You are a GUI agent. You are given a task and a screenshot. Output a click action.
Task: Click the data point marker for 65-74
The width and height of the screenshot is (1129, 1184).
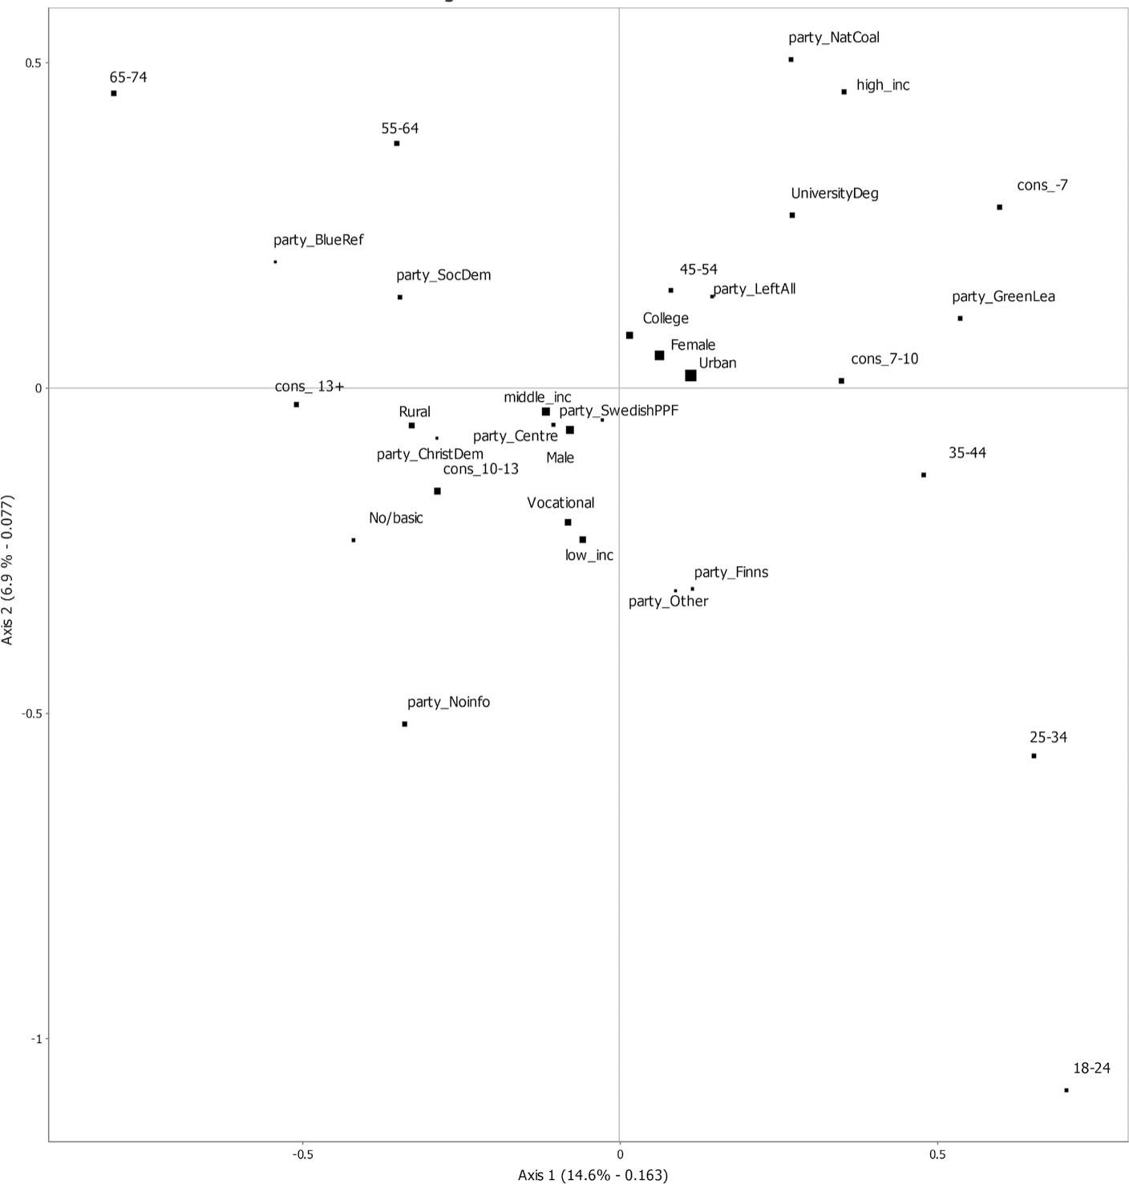[114, 94]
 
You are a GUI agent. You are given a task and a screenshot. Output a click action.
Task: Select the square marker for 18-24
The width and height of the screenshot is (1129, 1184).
[1066, 1090]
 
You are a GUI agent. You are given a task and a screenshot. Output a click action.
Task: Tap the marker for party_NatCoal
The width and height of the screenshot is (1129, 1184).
[791, 59]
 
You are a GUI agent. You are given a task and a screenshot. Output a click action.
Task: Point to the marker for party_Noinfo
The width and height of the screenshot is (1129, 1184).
[405, 724]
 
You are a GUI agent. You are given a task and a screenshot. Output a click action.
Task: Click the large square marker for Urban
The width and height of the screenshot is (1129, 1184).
[691, 375]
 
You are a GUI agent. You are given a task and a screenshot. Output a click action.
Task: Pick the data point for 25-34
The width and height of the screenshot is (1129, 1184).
[1034, 756]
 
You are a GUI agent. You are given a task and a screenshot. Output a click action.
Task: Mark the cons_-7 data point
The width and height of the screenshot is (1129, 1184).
[1000, 207]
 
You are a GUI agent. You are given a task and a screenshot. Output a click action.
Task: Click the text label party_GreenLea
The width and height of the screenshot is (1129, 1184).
[1003, 297]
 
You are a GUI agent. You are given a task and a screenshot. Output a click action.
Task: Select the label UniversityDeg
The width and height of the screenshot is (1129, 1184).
[834, 193]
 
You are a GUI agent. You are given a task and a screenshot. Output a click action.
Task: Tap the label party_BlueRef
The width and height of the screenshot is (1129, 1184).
[318, 240]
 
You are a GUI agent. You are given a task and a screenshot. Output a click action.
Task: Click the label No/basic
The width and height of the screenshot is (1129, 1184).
[395, 518]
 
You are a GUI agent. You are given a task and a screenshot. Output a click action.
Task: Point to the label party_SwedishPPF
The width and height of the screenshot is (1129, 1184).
[618, 411]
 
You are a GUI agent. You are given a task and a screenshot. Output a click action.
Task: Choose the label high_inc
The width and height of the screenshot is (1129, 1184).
[883, 85]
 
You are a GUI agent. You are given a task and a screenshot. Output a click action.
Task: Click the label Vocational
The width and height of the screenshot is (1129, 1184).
[560, 503]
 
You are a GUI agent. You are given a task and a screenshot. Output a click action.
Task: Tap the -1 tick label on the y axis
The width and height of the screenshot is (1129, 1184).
[35, 1039]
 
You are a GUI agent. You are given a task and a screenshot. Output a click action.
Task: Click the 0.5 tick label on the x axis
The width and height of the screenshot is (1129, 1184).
[937, 1155]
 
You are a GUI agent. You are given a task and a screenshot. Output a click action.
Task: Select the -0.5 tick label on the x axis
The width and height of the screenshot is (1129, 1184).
[301, 1155]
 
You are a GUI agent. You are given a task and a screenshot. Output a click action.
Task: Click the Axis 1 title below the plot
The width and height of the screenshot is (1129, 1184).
[593, 1175]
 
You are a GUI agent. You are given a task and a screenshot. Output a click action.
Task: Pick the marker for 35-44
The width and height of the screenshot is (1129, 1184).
[924, 475]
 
